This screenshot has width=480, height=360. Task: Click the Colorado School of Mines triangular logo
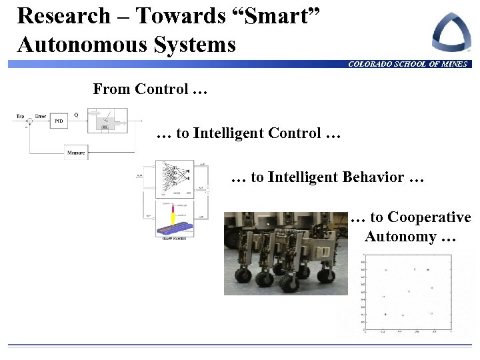coord(451,32)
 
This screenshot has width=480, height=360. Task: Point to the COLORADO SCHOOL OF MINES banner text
coord(407,64)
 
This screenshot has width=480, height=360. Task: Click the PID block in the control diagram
coord(59,121)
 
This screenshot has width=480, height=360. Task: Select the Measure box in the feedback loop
coord(76,153)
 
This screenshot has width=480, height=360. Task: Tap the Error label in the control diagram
coord(40,116)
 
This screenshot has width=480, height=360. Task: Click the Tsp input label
coord(20,116)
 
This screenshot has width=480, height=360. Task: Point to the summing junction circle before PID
coord(27,121)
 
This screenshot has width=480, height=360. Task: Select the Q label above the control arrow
coord(76,115)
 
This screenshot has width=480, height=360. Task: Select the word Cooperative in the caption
coord(429,217)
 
